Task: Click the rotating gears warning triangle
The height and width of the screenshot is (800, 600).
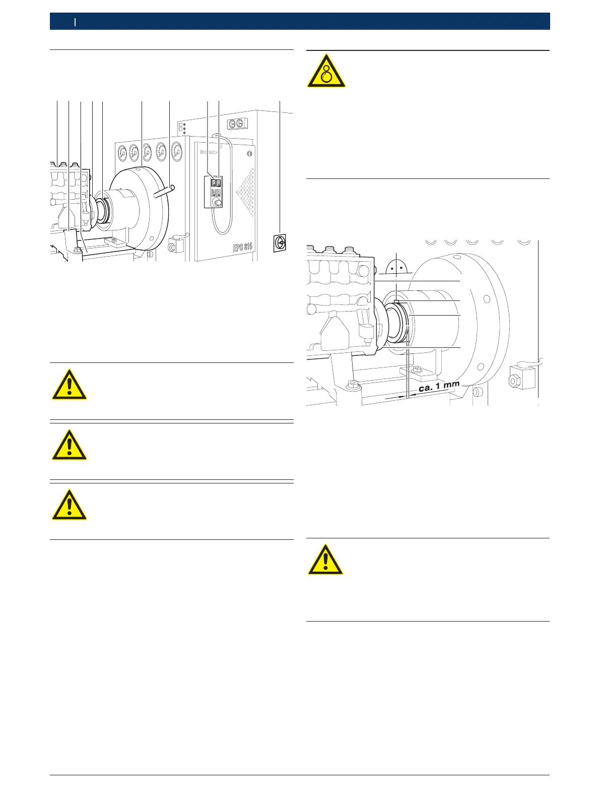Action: pyautogui.click(x=326, y=71)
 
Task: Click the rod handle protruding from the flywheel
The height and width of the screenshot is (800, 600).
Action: pyautogui.click(x=165, y=192)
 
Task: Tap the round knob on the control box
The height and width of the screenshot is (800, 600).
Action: pyautogui.click(x=217, y=202)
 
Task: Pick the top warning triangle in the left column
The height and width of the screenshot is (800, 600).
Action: pyautogui.click(x=70, y=386)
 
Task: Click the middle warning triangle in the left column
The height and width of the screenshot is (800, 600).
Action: pyautogui.click(x=70, y=446)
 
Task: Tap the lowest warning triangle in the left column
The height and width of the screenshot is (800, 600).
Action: pyautogui.click(x=70, y=506)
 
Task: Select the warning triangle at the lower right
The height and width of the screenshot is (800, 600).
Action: pyautogui.click(x=326, y=560)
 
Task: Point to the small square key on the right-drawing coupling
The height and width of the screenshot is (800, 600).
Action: pyautogui.click(x=397, y=301)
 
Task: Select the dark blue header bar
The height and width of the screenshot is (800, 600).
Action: pyautogui.click(x=300, y=21)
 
